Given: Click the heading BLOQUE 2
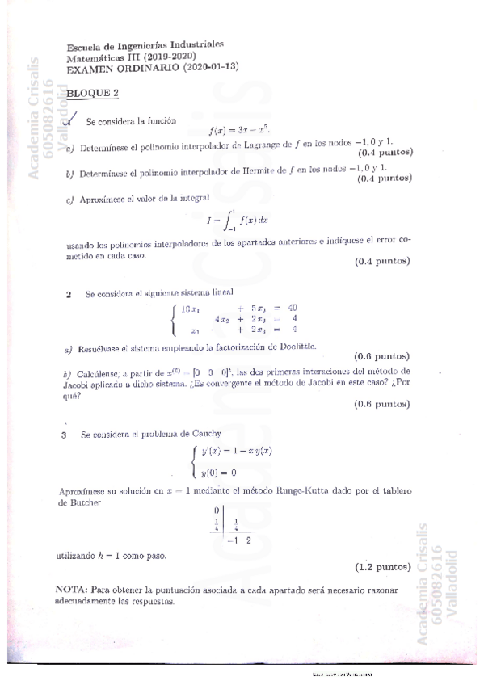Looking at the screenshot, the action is pyautogui.click(x=92, y=93).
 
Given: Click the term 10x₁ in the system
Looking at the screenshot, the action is pyautogui.click(x=191, y=307).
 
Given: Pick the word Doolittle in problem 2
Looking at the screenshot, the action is pyautogui.click(x=293, y=347).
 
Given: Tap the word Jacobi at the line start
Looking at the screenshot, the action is pyautogui.click(x=74, y=386).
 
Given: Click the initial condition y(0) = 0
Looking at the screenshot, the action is pyautogui.click(x=218, y=473).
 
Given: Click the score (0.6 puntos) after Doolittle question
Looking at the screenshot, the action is pyautogui.click(x=381, y=356).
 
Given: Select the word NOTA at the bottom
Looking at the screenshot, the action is pyautogui.click(x=70, y=590).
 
